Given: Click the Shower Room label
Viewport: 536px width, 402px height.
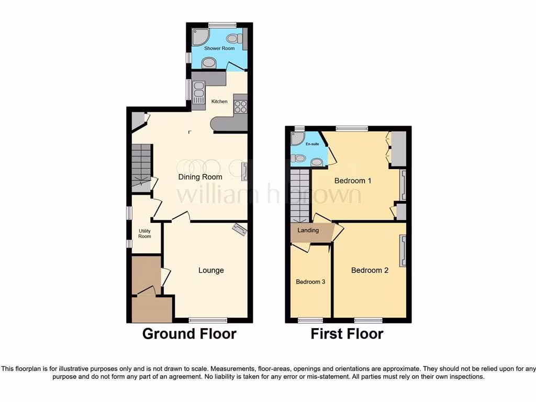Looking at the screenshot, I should [219, 48].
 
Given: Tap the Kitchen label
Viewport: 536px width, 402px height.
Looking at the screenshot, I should [219, 101].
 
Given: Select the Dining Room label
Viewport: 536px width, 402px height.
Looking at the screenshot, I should [200, 177].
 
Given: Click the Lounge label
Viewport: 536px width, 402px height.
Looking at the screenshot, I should [211, 270].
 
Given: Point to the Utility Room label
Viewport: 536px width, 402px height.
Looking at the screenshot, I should [144, 233].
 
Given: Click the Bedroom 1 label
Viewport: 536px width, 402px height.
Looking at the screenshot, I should [353, 181].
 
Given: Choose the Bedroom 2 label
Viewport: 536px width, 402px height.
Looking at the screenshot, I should [370, 270].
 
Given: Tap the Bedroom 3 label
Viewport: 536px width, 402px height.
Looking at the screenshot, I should [310, 282].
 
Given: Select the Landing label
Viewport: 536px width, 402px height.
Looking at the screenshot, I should [308, 230].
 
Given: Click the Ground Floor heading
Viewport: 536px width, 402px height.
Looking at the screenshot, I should [189, 333].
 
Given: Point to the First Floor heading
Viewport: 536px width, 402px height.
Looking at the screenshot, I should [347, 333].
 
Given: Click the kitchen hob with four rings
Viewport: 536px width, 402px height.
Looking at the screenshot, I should [240, 106].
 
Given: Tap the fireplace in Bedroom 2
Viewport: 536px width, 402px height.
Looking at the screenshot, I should [403, 251].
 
